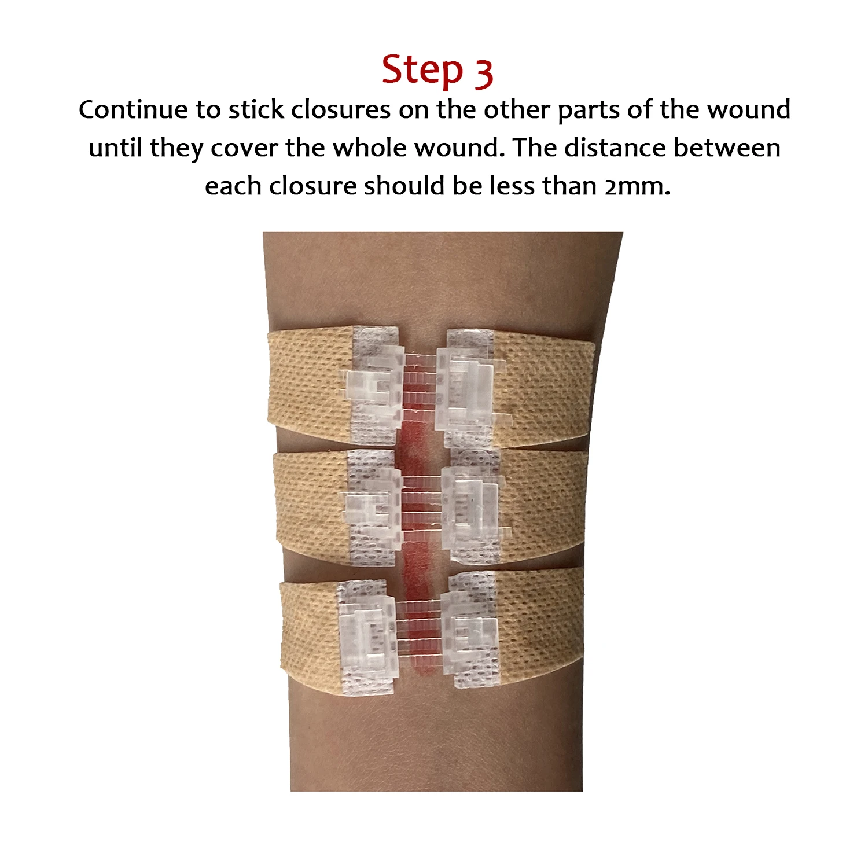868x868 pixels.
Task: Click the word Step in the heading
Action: (422, 71)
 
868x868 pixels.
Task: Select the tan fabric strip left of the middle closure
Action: (310, 503)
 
